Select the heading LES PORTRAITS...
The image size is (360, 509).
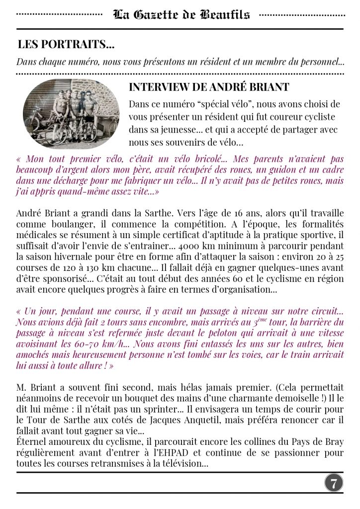tap(65, 44)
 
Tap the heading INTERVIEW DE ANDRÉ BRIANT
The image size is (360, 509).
tap(209, 87)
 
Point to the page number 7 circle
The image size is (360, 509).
tap(334, 483)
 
